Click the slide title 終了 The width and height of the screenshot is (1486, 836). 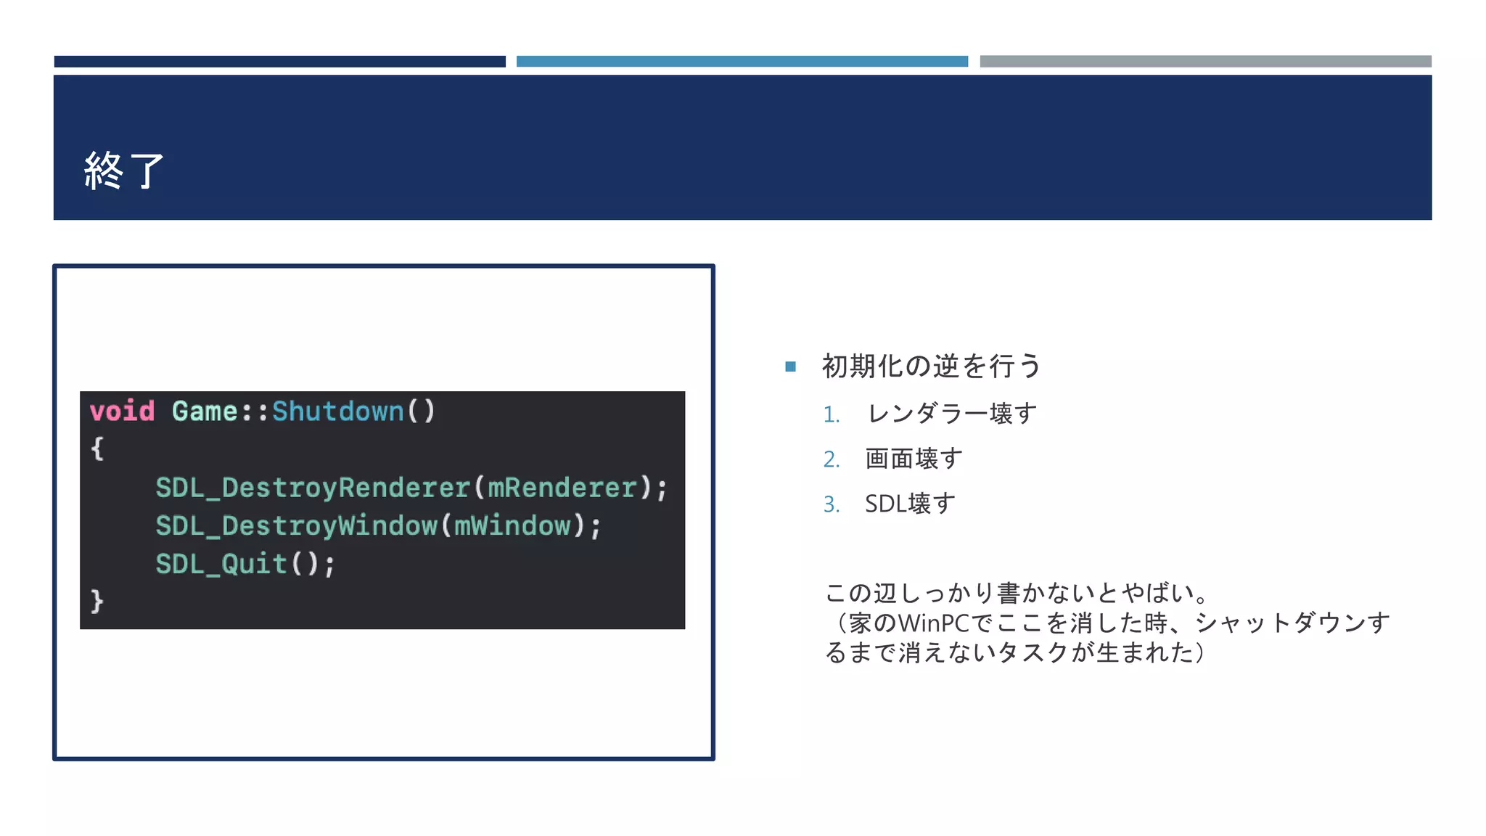point(124,171)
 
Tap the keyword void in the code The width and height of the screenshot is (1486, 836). point(122,411)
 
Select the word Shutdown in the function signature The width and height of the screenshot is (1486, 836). point(337,411)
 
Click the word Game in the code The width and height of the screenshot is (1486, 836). point(205,411)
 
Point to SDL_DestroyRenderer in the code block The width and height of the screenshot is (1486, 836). point(313,488)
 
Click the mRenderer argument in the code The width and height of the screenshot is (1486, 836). point(562,488)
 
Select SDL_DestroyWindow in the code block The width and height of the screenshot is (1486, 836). point(296,525)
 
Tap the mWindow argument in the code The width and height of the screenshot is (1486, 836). point(512,525)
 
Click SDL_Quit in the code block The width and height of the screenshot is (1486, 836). point(221,564)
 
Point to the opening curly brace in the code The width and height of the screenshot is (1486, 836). point(97,448)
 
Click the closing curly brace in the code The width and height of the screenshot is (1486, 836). point(97,602)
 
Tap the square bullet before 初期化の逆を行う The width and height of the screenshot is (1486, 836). point(790,366)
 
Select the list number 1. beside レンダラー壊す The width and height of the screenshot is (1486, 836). point(832,415)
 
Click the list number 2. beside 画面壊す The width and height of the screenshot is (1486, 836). point(832,459)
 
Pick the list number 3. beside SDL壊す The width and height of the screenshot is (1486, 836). point(832,504)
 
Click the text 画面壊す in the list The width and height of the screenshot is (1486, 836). point(914,459)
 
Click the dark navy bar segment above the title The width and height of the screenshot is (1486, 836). point(279,62)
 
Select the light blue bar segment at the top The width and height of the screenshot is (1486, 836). point(742,62)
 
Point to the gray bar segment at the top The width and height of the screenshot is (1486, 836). point(1205,62)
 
